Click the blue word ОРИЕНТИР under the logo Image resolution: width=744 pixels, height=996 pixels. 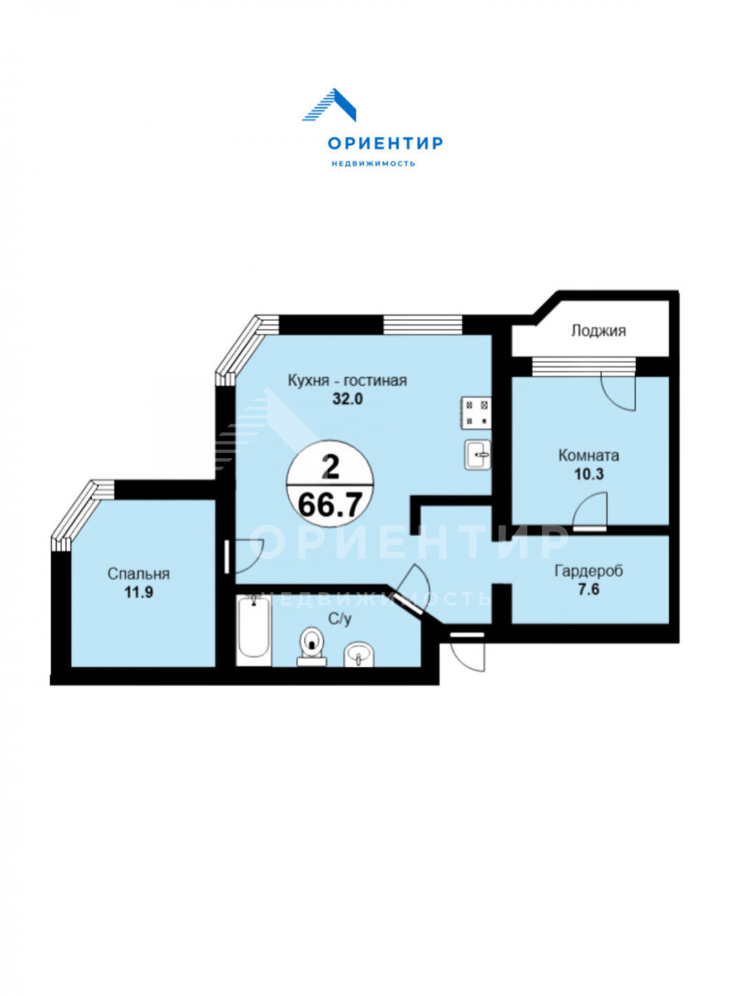pyautogui.click(x=385, y=144)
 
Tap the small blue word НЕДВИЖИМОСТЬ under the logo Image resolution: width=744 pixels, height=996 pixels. pyautogui.click(x=373, y=164)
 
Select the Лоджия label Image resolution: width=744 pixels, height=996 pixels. pyautogui.click(x=598, y=331)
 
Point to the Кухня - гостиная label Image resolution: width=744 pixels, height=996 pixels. pyautogui.click(x=347, y=380)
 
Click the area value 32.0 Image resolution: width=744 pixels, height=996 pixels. pyautogui.click(x=348, y=399)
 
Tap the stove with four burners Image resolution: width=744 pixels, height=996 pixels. pyautogui.click(x=476, y=413)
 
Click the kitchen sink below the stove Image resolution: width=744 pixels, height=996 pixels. pyautogui.click(x=477, y=455)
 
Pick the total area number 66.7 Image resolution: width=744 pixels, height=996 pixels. pyautogui.click(x=330, y=505)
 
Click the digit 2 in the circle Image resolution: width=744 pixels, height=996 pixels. pyautogui.click(x=331, y=467)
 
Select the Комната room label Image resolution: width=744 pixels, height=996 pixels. pyautogui.click(x=589, y=455)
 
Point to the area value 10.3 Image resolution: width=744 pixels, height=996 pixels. pyautogui.click(x=589, y=474)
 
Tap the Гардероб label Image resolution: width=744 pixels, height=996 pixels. pyautogui.click(x=589, y=571)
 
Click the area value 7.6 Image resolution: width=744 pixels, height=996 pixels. pyautogui.click(x=589, y=590)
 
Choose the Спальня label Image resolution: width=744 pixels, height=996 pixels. pyautogui.click(x=138, y=574)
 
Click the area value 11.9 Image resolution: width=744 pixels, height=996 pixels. pyautogui.click(x=139, y=593)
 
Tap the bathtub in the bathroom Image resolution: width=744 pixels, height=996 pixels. pyautogui.click(x=254, y=631)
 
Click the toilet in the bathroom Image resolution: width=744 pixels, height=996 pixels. pyautogui.click(x=312, y=646)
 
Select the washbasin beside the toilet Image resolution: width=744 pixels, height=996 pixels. pyautogui.click(x=359, y=655)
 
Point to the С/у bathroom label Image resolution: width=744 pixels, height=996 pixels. pyautogui.click(x=340, y=619)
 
